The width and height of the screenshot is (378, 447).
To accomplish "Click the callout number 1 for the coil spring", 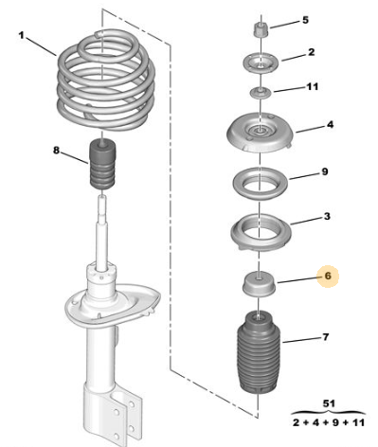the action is point(21,35).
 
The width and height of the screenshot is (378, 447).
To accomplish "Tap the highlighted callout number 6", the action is point(328,276).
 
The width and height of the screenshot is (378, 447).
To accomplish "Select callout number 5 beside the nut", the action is point(305,20).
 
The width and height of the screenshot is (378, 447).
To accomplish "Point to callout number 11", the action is point(313,86).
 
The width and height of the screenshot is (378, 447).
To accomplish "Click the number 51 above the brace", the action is point(329,403).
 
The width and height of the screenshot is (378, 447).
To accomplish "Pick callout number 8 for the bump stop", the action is point(56,151).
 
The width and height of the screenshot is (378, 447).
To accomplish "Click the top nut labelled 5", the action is point(261,29).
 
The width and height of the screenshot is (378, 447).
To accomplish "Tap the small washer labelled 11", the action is point(261,93).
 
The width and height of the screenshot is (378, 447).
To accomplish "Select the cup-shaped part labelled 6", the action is point(259,284).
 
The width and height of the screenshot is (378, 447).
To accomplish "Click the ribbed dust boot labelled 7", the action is point(259,352).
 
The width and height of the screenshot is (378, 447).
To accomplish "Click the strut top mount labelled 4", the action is point(261,133).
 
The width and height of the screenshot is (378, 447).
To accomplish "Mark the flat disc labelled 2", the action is point(261,63).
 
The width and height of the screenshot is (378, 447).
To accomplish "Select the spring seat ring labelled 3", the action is point(261,233).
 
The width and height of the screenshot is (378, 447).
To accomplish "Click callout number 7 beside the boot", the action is point(326,337).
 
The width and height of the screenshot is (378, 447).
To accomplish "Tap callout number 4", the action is point(330,125).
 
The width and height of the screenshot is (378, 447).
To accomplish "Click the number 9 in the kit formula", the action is point(335,422).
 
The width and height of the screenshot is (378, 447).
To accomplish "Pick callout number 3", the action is point(327,216).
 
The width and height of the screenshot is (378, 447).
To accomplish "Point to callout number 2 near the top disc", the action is point(312,52).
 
